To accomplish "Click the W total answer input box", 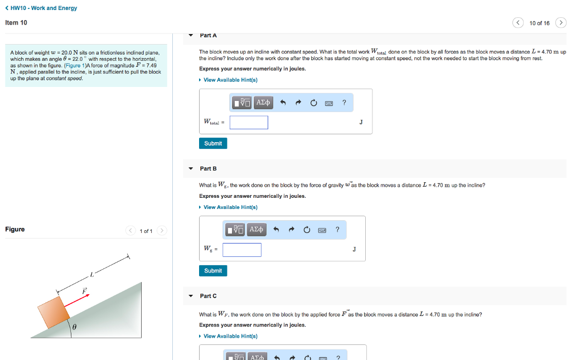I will click(x=249, y=123).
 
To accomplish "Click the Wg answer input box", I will click(x=242, y=250).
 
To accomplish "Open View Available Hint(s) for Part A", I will click(x=230, y=80).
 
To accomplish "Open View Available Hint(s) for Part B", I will click(x=230, y=207).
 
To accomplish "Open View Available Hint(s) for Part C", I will click(x=230, y=336).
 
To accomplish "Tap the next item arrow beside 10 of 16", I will click(x=561, y=23).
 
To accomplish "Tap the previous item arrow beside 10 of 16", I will click(x=519, y=23).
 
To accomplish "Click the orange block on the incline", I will click(x=54, y=312).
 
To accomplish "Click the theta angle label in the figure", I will click(x=73, y=328).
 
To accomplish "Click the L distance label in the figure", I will click(x=92, y=274).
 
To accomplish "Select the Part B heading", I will click(x=208, y=168).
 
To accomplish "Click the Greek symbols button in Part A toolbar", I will click(x=263, y=103).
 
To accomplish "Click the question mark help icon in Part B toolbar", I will click(x=337, y=230).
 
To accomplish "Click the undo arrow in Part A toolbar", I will click(x=283, y=103).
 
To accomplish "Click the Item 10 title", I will click(x=16, y=22).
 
